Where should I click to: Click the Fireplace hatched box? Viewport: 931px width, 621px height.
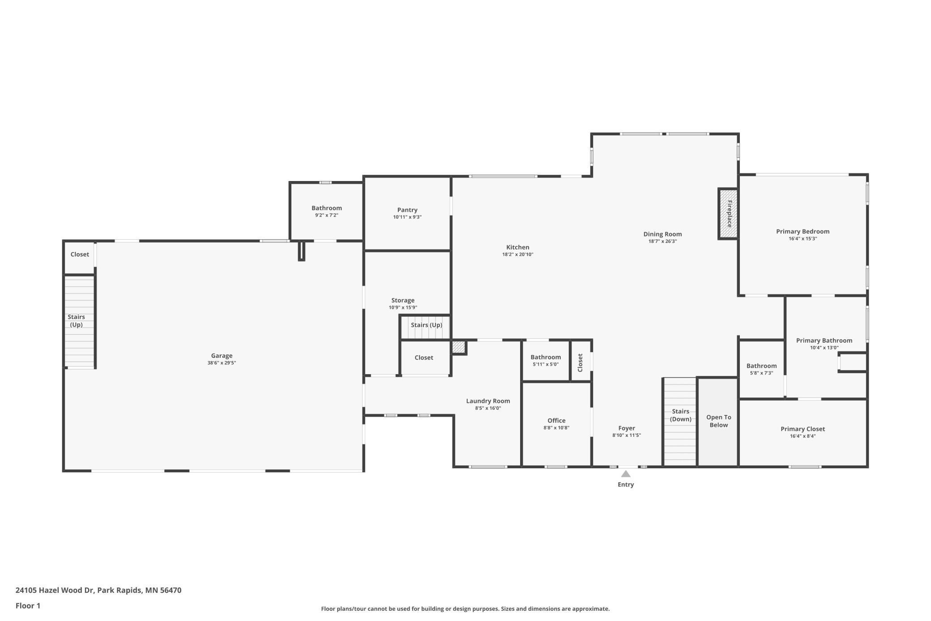(x=728, y=214)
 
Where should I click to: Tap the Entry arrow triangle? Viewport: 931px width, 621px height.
(x=626, y=474)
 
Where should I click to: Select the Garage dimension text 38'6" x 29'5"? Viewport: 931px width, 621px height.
(x=222, y=363)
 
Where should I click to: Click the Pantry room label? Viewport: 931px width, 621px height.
(x=407, y=210)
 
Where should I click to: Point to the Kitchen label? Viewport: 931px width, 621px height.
(x=518, y=247)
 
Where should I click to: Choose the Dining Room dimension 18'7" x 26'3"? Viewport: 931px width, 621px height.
(x=662, y=241)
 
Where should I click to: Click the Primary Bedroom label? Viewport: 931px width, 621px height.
(x=803, y=232)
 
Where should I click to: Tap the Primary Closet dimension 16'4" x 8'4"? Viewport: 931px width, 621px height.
(x=803, y=436)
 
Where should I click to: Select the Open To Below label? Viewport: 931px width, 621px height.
(x=719, y=421)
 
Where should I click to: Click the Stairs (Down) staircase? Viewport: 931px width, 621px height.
(x=680, y=422)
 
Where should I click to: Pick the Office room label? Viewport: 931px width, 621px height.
(x=556, y=420)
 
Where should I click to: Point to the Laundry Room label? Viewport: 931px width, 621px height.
(x=488, y=401)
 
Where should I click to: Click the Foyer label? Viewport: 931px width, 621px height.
(x=627, y=428)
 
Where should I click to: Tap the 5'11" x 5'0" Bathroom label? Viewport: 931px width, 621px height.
(x=546, y=357)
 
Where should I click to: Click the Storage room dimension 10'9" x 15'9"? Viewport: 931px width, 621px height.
(x=403, y=307)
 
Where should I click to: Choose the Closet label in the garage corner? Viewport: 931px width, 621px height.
(x=80, y=254)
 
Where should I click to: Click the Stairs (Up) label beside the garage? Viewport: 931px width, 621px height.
(x=76, y=321)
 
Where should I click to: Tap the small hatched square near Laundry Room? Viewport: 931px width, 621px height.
(x=459, y=347)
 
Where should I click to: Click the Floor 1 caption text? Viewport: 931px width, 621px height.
(x=28, y=606)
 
